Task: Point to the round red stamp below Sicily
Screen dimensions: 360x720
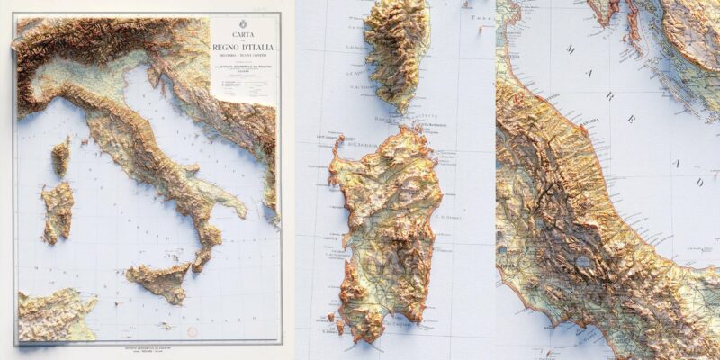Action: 190,332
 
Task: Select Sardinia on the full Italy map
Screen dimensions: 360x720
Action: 57,211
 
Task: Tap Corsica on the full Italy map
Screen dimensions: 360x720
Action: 60,157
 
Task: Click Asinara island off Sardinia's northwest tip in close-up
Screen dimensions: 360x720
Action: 339,143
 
